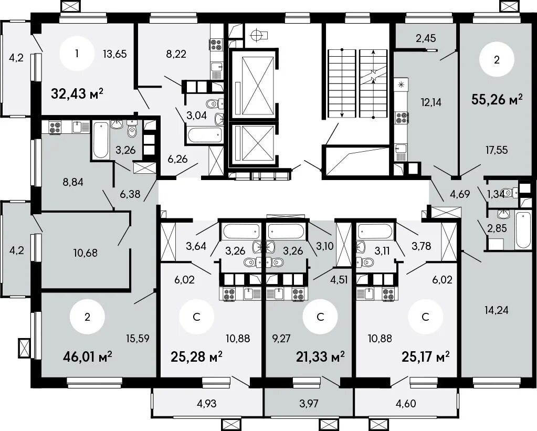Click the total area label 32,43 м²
(x=77, y=93)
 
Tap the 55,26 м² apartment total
(x=497, y=99)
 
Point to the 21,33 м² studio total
(x=320, y=357)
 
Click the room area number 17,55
(x=497, y=150)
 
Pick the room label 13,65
(x=115, y=54)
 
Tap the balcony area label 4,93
(x=206, y=403)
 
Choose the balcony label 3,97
(x=309, y=403)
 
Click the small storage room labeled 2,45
(x=426, y=38)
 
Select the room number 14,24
(x=497, y=310)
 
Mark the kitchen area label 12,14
(x=431, y=102)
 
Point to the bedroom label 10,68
(x=85, y=253)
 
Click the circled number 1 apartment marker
(x=77, y=54)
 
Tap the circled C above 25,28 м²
(x=196, y=317)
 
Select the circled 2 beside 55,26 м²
(x=497, y=60)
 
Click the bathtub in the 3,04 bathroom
(x=204, y=134)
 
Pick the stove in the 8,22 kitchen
(x=216, y=44)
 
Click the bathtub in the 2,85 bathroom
(x=523, y=230)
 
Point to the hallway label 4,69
(x=460, y=194)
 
